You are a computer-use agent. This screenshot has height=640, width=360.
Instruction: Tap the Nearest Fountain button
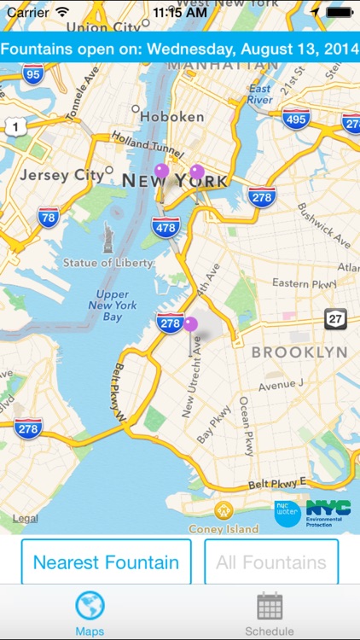[x=106, y=562]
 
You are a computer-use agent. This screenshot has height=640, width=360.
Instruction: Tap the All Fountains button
[x=271, y=562]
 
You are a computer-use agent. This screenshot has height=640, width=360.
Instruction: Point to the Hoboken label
[x=171, y=116]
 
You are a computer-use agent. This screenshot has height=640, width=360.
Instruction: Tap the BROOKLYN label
[x=299, y=352]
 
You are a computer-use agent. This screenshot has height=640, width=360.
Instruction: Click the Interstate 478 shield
[x=165, y=227]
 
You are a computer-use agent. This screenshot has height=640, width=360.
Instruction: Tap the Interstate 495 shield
[x=295, y=119]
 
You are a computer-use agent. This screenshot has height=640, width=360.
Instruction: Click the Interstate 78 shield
[x=49, y=217]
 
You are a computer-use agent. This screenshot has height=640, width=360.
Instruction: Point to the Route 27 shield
[x=335, y=319]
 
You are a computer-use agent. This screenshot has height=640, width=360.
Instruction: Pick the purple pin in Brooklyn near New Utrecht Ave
[x=190, y=325]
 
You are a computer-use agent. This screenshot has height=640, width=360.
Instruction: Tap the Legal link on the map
[x=25, y=518]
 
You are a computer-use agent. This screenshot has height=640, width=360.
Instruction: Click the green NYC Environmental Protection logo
[x=328, y=512]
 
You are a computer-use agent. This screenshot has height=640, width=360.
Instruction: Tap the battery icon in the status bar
[x=340, y=13]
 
